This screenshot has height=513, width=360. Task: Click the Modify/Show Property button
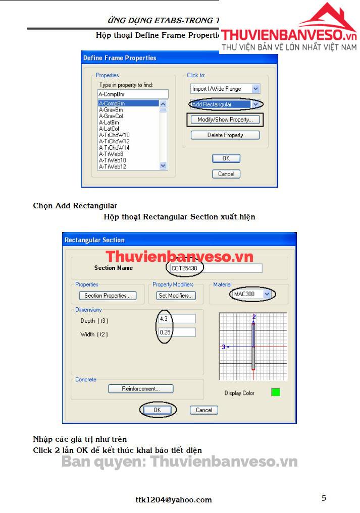[225, 120]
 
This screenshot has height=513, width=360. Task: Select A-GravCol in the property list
[111, 116]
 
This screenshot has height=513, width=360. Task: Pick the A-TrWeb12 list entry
[113, 166]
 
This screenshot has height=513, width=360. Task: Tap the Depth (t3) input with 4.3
[177, 319]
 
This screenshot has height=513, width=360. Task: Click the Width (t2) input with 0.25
[177, 332]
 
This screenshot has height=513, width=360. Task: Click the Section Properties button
[108, 296]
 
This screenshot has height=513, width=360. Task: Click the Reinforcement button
[140, 389]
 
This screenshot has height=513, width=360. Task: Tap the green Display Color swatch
[275, 392]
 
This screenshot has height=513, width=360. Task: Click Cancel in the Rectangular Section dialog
[204, 410]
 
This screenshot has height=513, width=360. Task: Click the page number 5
[324, 498]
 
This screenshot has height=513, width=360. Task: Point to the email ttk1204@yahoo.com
[174, 500]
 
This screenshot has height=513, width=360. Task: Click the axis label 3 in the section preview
[223, 347]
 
